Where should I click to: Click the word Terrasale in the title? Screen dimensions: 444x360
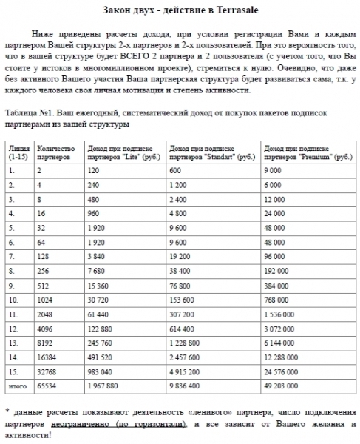(x=240, y=8)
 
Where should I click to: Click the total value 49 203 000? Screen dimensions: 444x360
(x=284, y=386)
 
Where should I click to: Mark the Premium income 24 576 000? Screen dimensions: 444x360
(x=284, y=372)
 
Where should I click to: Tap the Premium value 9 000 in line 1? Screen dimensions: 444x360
(x=276, y=171)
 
